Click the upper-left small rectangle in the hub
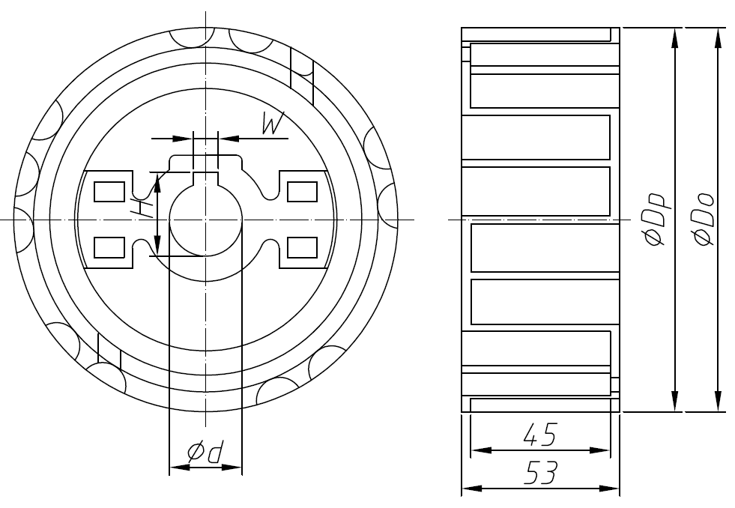click(109, 193)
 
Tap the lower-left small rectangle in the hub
click(109, 247)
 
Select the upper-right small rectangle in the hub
click(303, 193)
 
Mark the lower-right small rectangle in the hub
click(303, 247)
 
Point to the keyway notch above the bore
click(205, 177)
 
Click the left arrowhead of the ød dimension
click(178, 468)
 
